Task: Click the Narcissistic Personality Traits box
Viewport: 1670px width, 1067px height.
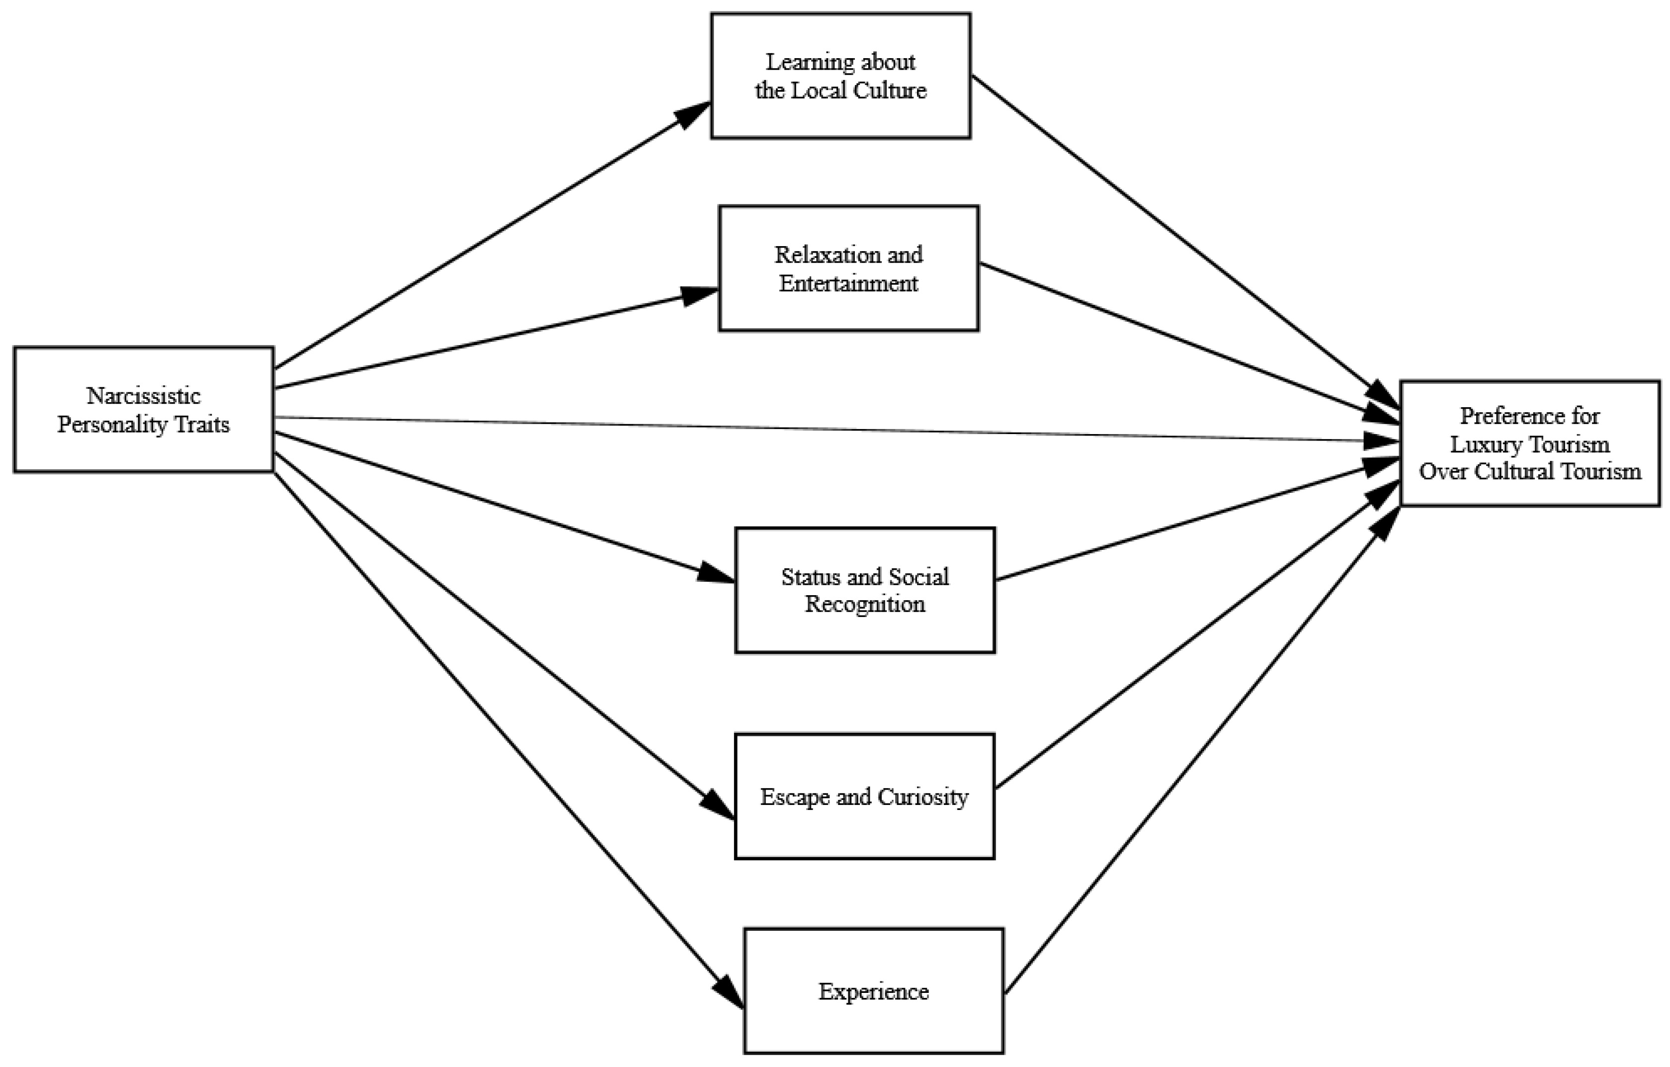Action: pos(144,409)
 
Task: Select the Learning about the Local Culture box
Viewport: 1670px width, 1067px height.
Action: pos(840,76)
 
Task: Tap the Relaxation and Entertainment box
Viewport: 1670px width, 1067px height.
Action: pos(848,268)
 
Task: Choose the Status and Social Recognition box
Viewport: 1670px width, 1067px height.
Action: pos(865,590)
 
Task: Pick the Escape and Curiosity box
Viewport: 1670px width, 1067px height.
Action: pos(864,797)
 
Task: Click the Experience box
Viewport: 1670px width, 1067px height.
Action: pos(873,991)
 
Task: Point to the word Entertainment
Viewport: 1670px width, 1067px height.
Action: pos(848,283)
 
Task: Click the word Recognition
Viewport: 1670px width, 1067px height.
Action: pos(865,604)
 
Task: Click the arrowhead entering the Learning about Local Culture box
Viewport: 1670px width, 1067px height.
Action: pos(693,114)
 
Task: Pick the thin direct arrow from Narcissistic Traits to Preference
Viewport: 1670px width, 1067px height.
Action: pos(832,429)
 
